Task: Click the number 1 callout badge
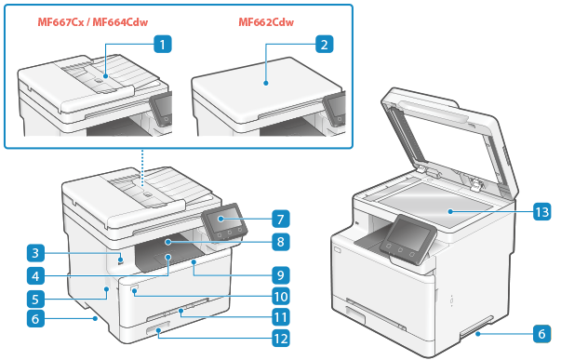pos(163,45)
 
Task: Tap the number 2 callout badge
pos(324,45)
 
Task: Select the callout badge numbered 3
pos(35,253)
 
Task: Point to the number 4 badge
pos(35,276)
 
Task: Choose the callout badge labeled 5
pos(35,299)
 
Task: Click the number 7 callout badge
pos(281,219)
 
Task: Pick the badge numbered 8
pos(281,242)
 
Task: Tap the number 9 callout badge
pos(281,275)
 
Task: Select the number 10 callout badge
pos(281,297)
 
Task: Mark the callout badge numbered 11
pos(281,317)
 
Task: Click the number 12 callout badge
pos(281,339)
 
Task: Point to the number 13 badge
pos(542,211)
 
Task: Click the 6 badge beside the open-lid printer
pos(542,334)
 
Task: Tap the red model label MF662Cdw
pos(266,22)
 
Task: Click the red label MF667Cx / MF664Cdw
pos(93,22)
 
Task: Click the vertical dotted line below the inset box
pos(142,167)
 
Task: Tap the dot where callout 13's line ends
pos(450,211)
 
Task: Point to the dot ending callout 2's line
pos(265,83)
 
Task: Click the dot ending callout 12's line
pos(158,333)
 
